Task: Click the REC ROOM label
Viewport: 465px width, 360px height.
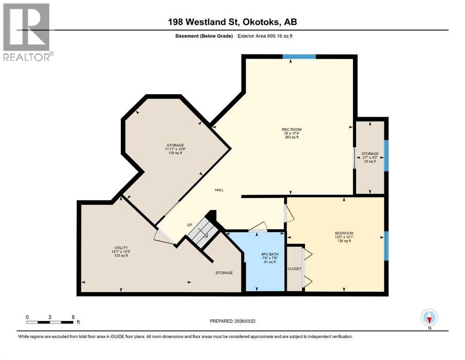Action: (291, 129)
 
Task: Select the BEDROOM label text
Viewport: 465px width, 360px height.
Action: (344, 233)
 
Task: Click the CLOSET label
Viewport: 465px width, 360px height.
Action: (295, 269)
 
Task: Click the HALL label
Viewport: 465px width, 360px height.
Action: (219, 190)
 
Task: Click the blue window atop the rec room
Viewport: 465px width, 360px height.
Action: (299, 57)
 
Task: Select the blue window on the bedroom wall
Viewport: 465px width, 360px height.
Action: (386, 246)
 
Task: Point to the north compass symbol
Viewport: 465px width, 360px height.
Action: (429, 317)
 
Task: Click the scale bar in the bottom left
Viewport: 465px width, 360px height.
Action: (50, 322)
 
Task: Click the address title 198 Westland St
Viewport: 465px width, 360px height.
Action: (232, 22)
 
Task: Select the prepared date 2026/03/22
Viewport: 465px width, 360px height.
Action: (233, 321)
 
